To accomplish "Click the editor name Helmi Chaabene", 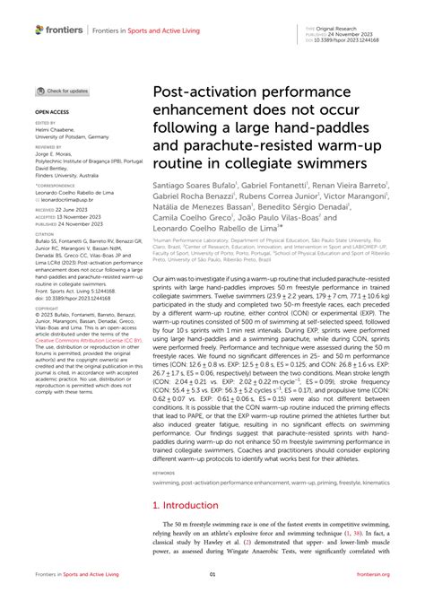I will click(x=56, y=128).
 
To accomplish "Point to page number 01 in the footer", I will click(x=212, y=575).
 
